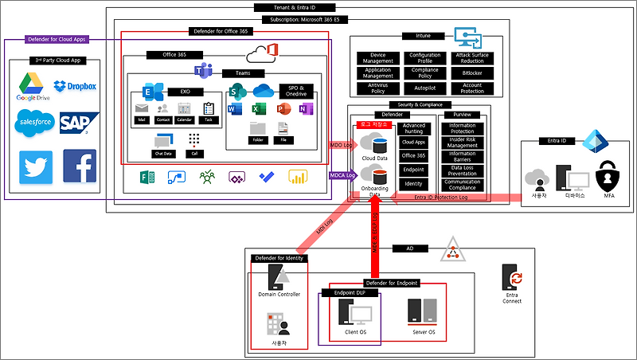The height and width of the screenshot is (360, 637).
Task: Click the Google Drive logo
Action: [x=33, y=84]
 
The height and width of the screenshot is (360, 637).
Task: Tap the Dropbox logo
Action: [x=75, y=86]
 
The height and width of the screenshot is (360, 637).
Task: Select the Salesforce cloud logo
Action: [x=33, y=122]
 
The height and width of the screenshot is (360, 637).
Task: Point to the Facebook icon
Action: [x=80, y=166]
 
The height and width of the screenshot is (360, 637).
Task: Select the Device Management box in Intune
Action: [x=378, y=58]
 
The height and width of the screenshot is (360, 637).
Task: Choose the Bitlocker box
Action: [x=472, y=72]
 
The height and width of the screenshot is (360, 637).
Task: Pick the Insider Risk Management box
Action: [x=462, y=143]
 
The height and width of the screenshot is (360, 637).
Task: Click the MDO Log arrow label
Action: [x=341, y=145]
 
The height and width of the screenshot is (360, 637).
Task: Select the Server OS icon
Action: [x=420, y=309]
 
